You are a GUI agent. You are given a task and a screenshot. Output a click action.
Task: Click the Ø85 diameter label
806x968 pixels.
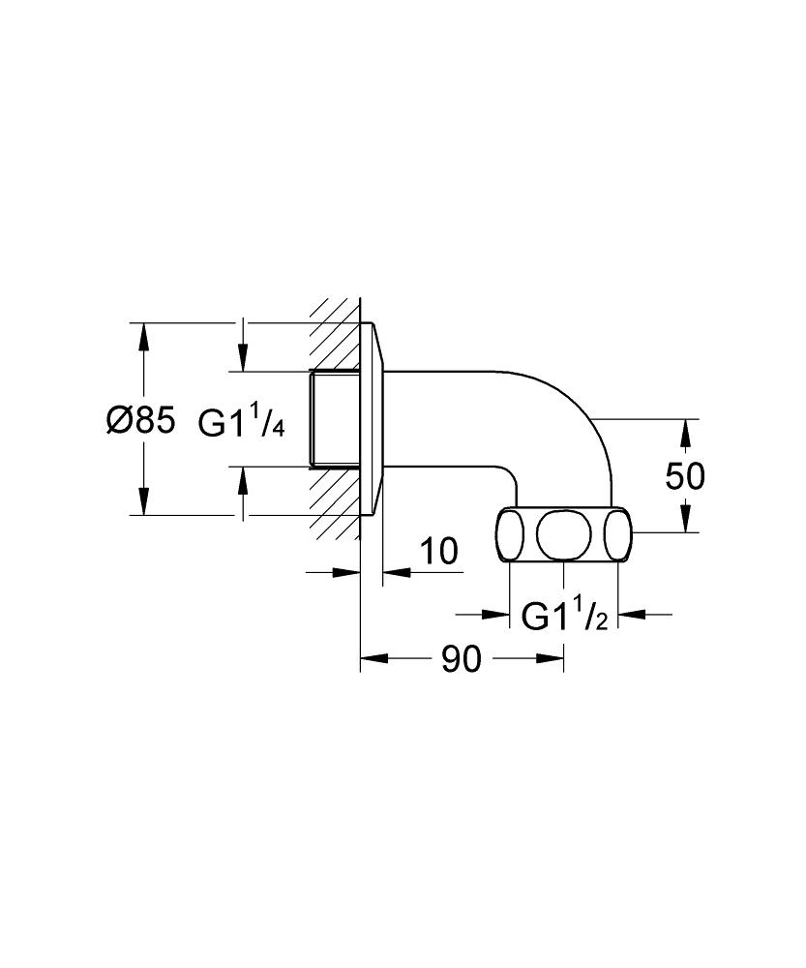pos(140,421)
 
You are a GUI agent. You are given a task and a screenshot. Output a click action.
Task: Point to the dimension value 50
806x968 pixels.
pos(684,476)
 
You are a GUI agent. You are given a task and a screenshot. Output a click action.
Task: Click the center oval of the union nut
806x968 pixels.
pos(564,534)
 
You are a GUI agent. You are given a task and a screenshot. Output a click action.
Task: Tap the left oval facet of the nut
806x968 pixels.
pos(510,534)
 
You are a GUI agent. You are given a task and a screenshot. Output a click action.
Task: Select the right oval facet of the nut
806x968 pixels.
pos(617,534)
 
